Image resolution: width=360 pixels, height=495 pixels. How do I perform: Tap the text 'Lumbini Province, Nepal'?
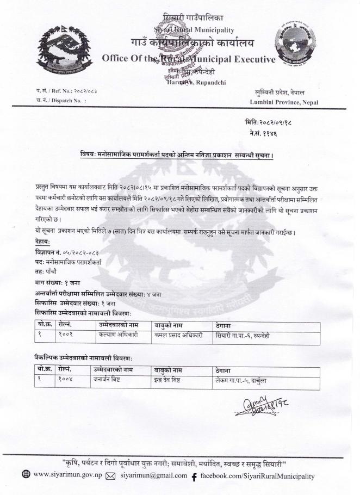point(283,102)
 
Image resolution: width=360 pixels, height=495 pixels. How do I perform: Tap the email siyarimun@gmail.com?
point(154,477)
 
